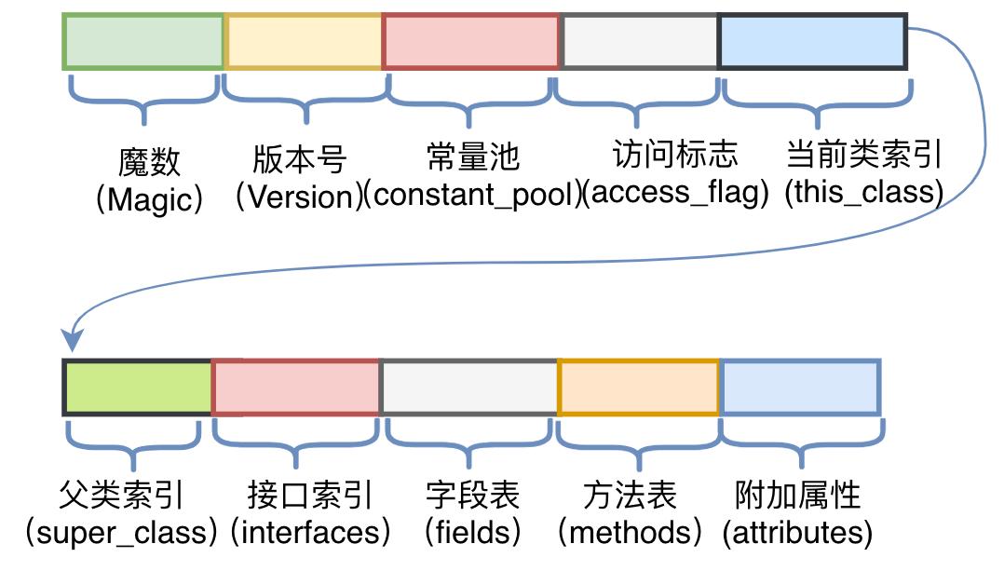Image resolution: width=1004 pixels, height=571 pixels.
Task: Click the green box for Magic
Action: (x=143, y=41)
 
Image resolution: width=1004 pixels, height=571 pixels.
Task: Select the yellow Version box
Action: (x=304, y=41)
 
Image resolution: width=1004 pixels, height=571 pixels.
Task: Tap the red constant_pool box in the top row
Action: (x=471, y=41)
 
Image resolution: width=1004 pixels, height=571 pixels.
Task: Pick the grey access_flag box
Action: (x=640, y=41)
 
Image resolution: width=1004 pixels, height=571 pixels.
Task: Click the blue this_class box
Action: (x=813, y=41)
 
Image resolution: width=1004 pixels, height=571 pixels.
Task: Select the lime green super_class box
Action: (x=138, y=387)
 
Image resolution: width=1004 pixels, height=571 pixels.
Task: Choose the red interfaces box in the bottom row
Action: (x=296, y=387)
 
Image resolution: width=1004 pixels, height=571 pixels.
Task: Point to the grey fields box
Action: (x=469, y=387)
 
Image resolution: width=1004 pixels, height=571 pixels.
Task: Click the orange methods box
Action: (x=639, y=387)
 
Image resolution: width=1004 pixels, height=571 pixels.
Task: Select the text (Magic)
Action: (x=149, y=199)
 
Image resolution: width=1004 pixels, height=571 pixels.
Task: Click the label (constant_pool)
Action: (x=471, y=193)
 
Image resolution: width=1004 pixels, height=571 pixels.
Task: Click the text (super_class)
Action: (x=121, y=533)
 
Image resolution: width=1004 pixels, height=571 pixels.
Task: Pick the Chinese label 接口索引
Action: (x=310, y=495)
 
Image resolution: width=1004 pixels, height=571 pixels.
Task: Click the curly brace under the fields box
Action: (x=468, y=446)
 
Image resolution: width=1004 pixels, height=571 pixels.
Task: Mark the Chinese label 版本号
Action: (x=299, y=158)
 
